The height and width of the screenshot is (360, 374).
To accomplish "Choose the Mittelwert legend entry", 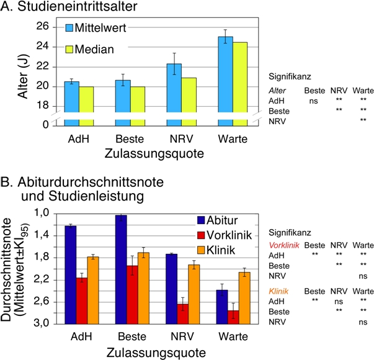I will point(93,28).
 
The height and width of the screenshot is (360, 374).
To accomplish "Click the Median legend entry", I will point(90,49).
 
